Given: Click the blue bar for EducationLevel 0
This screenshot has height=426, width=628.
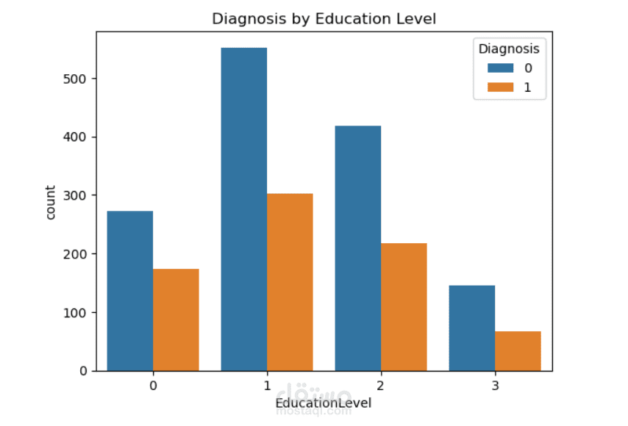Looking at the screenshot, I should [130, 291].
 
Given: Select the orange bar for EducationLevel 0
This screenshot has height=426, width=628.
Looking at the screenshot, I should [176, 319].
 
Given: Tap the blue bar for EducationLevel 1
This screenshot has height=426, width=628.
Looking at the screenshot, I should [244, 209].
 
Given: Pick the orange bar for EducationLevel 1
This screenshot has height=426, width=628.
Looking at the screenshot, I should [290, 282].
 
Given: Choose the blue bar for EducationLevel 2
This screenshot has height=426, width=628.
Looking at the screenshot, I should [358, 248].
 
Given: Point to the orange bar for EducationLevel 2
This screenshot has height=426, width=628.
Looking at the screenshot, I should [404, 307].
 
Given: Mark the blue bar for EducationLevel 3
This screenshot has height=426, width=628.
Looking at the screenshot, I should [472, 328].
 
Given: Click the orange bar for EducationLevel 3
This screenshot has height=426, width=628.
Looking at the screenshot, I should [518, 351].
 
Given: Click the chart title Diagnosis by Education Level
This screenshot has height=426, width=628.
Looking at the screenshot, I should [324, 18].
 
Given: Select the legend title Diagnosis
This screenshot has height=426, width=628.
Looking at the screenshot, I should [509, 49].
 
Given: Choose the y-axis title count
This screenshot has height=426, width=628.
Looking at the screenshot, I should [50, 202].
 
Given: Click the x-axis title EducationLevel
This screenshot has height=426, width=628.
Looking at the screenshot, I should [324, 403].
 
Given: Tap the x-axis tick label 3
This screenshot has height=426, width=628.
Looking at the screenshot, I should [495, 385].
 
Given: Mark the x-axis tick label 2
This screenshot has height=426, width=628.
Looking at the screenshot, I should [381, 385].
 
